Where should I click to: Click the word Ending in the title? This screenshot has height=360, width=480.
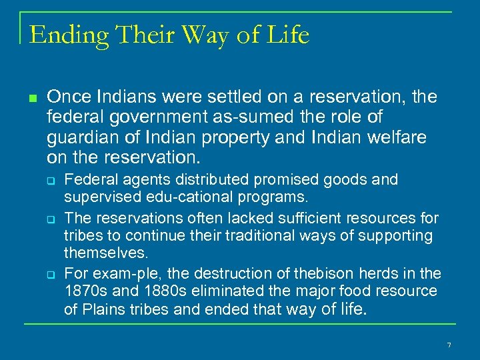[59, 35]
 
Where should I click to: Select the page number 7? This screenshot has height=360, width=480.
[449, 345]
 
